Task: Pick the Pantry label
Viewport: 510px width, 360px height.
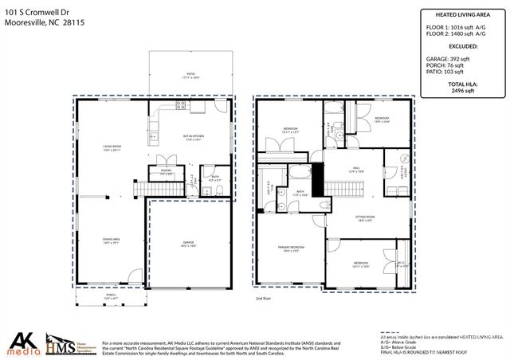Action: [167, 171]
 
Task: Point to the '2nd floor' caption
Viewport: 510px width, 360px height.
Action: [264, 298]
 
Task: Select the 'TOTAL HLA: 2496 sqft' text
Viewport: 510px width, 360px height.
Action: [457, 88]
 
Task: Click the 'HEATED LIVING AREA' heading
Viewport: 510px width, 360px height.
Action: [457, 14]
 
